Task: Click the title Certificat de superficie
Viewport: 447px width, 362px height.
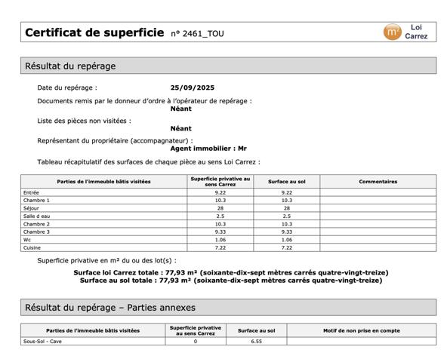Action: [94, 32]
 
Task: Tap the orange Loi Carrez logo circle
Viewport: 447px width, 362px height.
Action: [392, 32]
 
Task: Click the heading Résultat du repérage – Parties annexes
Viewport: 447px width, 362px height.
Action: [110, 307]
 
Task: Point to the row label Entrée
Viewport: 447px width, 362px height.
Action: [32, 192]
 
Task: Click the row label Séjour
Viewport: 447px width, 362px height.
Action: [32, 208]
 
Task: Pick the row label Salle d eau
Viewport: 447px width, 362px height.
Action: [36, 216]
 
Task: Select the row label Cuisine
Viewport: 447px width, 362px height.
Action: [32, 247]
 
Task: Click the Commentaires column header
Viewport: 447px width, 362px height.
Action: [378, 181]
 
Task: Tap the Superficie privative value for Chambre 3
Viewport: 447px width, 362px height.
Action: [220, 232]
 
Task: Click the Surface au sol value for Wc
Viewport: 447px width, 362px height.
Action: [286, 239]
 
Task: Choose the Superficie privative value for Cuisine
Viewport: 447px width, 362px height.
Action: [220, 247]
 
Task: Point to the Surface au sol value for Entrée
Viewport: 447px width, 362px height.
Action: [286, 192]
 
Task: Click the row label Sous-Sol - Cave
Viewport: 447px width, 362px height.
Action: [42, 341]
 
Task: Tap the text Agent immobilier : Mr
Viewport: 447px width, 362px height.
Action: [208, 149]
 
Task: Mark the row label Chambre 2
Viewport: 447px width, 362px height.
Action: [36, 224]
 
